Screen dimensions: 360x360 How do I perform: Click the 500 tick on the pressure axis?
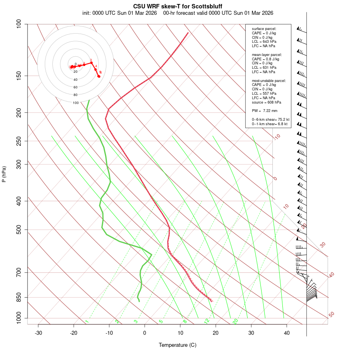19,230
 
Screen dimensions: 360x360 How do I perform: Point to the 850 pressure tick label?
19,297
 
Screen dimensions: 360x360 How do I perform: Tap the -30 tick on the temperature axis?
38,333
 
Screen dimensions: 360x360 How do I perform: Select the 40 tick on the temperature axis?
286,333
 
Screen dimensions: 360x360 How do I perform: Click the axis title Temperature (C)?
177,345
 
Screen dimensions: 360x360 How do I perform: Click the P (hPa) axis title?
4,174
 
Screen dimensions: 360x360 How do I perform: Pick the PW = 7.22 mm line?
264,111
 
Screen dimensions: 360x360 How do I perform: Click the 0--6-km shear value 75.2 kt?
282,119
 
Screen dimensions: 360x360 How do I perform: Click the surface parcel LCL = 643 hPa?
264,42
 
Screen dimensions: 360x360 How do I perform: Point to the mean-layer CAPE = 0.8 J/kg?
266,59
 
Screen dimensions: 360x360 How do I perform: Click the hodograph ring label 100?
76,103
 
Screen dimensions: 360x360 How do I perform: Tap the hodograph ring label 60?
76,87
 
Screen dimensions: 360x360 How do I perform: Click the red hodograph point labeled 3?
91,63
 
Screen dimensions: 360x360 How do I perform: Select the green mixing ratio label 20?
236,321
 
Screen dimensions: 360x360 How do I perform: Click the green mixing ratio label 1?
87,322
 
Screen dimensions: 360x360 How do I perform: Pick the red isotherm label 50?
331,315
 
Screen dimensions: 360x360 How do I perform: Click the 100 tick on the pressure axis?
19,24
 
